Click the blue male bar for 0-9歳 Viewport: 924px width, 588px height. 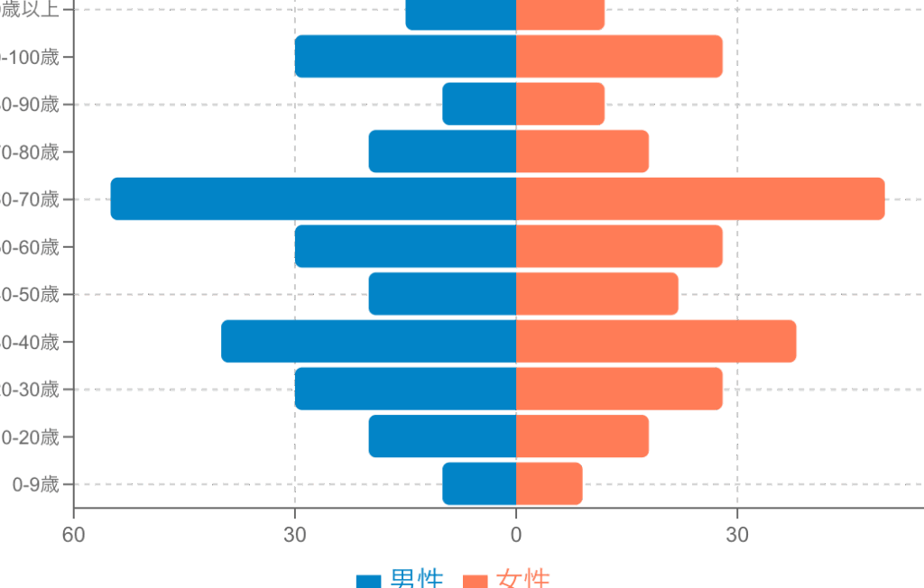point(479,484)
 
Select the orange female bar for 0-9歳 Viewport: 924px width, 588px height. point(549,484)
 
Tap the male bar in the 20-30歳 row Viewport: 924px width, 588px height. point(405,389)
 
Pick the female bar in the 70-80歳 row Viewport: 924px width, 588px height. point(582,152)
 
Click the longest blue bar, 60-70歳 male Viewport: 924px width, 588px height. point(313,198)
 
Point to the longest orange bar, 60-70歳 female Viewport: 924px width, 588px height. point(700,198)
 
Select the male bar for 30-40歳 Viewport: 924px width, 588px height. point(368,342)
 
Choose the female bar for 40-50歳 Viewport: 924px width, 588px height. point(597,294)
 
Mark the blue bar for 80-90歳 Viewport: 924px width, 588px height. point(479,104)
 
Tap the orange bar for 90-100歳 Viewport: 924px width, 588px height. point(619,57)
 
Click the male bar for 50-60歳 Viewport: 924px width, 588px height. point(405,246)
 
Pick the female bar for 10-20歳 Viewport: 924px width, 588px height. point(582,436)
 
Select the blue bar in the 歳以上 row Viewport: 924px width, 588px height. point(460,14)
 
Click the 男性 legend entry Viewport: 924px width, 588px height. point(400,579)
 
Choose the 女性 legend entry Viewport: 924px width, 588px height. point(506,579)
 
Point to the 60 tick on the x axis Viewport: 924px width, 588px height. point(73,536)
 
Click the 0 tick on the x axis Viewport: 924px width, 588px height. point(516,536)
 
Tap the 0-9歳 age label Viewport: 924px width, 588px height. point(35,485)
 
